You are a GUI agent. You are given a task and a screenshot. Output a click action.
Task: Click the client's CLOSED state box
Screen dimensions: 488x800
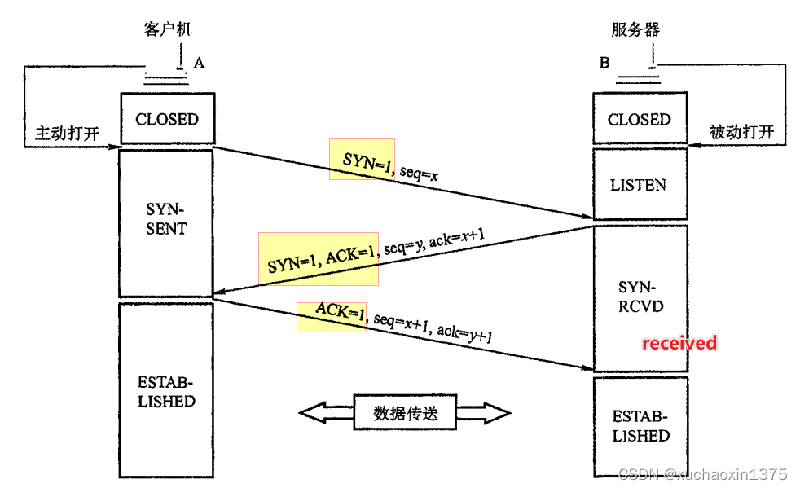click(166, 119)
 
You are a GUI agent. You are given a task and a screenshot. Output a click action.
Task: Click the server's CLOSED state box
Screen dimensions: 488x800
click(640, 120)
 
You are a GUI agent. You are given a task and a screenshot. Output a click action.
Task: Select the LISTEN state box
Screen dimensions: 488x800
click(638, 185)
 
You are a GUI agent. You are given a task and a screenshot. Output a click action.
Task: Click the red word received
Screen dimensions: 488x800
click(679, 343)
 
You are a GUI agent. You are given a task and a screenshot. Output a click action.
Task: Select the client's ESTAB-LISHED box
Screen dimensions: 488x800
click(166, 391)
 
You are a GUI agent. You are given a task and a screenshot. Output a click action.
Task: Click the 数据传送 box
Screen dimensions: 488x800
click(405, 413)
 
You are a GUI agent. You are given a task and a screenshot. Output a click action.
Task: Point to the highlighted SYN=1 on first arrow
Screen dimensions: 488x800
click(362, 160)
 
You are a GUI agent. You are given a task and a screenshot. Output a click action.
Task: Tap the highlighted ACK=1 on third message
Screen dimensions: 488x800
click(332, 314)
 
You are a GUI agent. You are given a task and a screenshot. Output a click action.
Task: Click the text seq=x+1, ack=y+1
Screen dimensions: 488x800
click(433, 326)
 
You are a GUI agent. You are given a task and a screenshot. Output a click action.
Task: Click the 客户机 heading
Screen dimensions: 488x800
click(166, 30)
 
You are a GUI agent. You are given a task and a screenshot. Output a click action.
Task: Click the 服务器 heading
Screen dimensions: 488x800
click(635, 30)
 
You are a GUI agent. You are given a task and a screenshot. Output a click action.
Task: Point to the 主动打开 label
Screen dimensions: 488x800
click(67, 133)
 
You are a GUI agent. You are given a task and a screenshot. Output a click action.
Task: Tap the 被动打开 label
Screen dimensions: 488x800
click(741, 133)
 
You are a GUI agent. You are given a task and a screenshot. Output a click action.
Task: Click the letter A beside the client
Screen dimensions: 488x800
click(198, 62)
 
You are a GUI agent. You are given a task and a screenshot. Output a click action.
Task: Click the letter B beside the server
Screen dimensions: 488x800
click(604, 62)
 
